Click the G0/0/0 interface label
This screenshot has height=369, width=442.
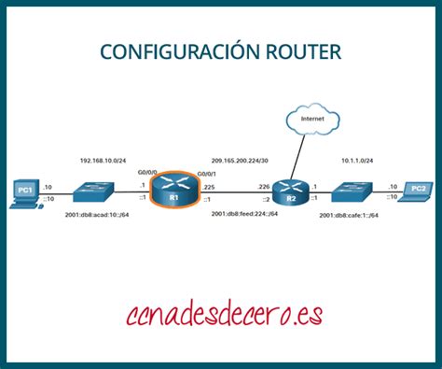[148, 172]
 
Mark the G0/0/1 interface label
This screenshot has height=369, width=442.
[207, 172]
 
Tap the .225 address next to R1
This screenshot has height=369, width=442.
[207, 187]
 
